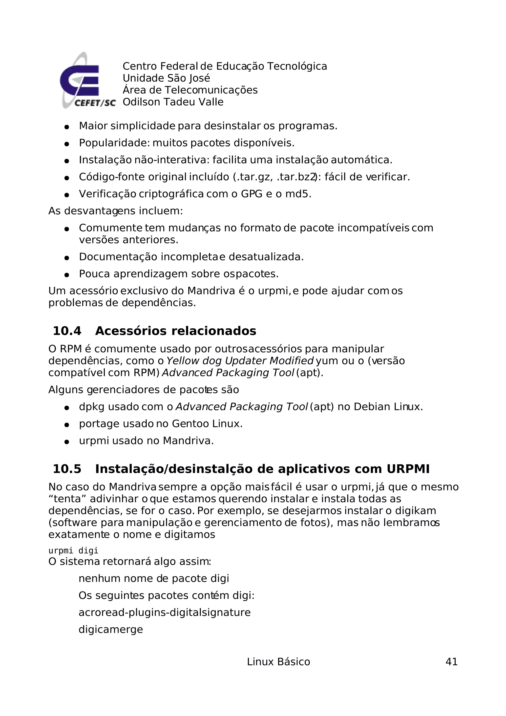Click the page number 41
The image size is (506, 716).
click(451, 661)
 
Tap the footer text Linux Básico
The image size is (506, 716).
click(278, 661)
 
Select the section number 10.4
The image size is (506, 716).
click(67, 331)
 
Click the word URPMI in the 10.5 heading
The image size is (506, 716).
click(408, 469)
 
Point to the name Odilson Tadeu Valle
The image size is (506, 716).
click(173, 102)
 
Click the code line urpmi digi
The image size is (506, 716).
click(73, 551)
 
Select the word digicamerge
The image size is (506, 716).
click(111, 629)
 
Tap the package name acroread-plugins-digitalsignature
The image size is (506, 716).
click(164, 612)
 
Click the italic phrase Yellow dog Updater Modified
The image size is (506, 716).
click(240, 361)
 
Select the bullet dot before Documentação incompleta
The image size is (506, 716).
click(66, 258)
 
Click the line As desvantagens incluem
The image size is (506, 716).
click(115, 211)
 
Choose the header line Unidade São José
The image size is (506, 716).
click(166, 78)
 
